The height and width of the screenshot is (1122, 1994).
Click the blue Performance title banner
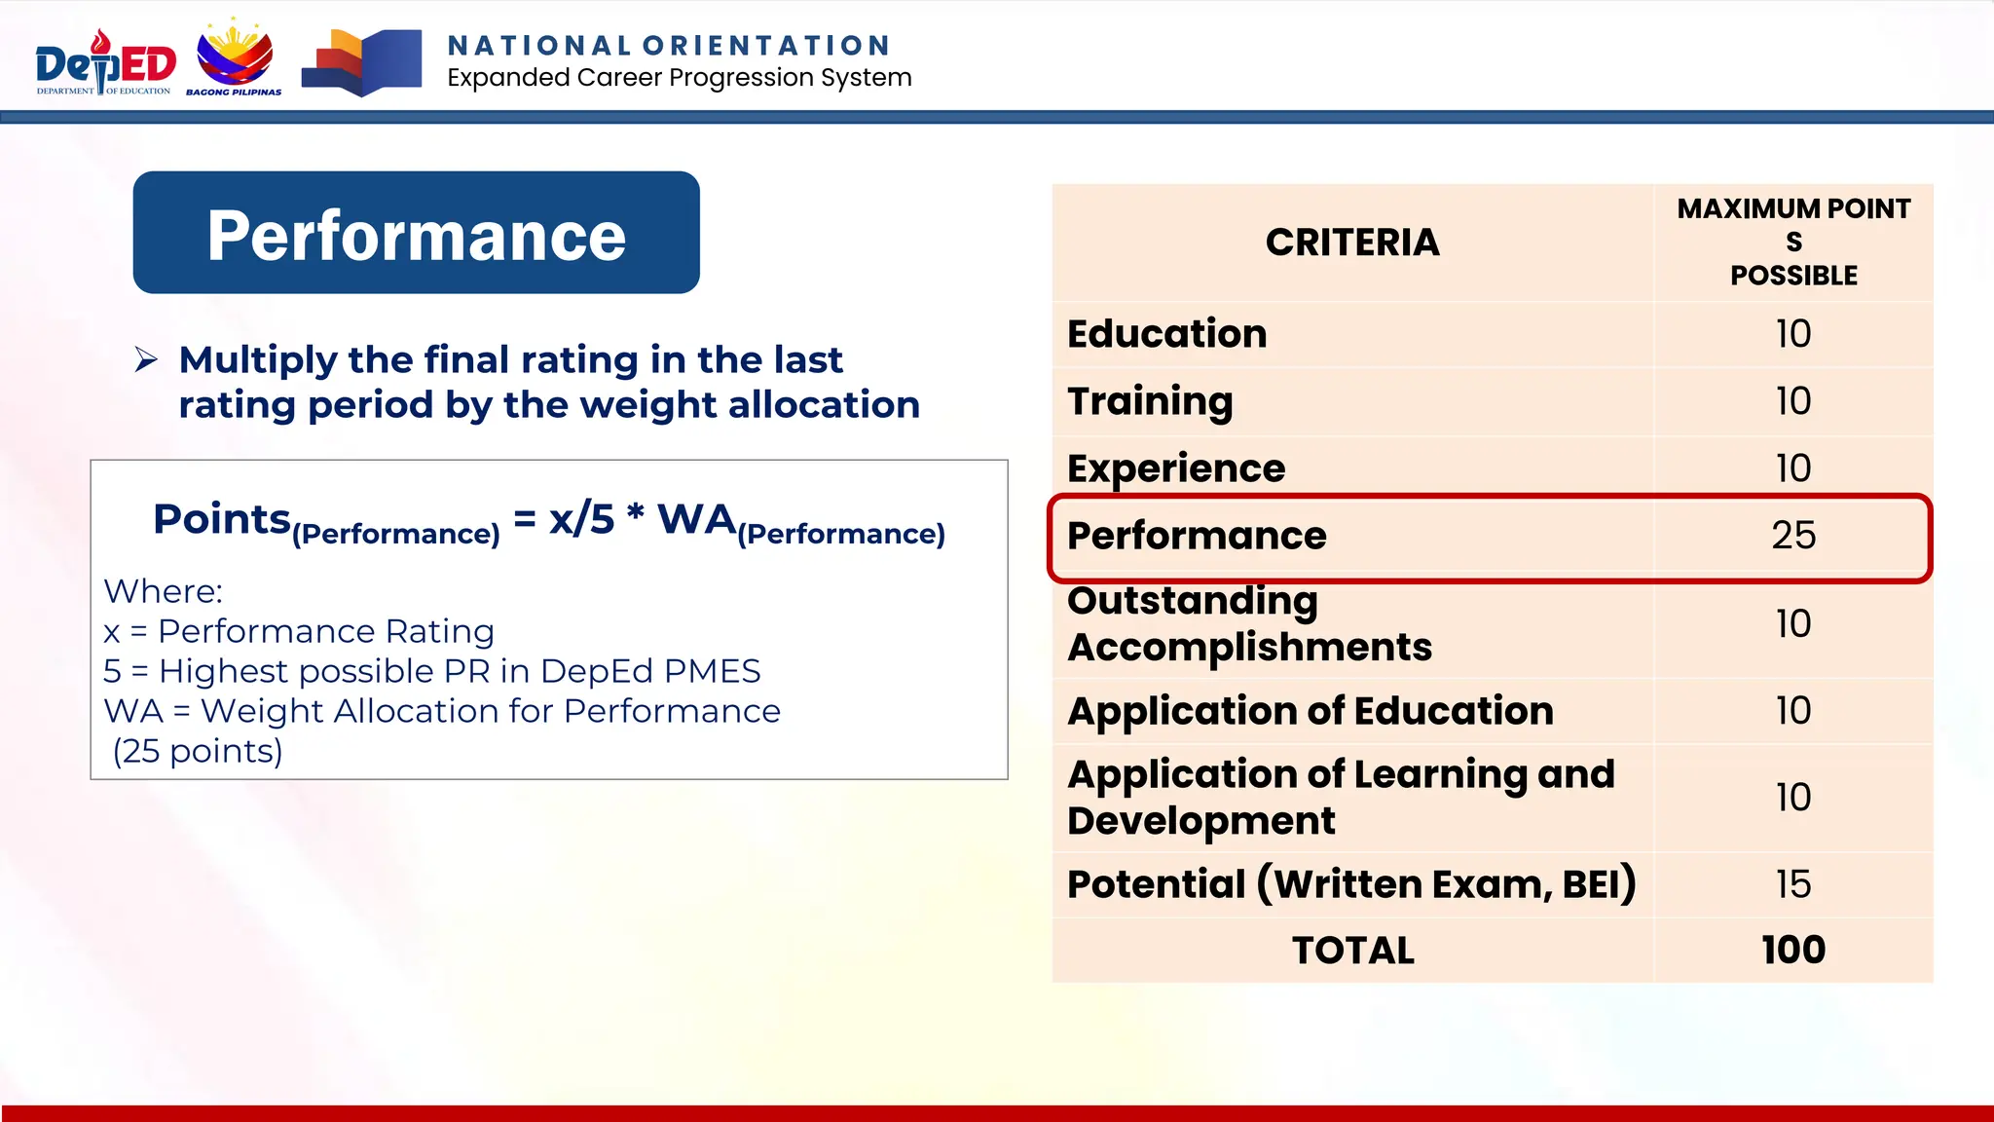(417, 234)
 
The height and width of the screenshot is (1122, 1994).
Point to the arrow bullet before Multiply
(146, 360)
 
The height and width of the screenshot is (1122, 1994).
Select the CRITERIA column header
(1352, 243)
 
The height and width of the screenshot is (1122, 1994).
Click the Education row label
(1166, 334)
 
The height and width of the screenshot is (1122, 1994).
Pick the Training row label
(1150, 401)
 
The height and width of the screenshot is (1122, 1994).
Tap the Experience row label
(1176, 468)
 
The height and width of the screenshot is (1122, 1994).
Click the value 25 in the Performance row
(1792, 535)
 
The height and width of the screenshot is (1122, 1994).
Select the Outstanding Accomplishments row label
(1249, 623)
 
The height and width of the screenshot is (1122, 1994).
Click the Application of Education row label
(1310, 711)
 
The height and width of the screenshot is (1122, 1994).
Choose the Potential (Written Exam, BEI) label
(1350, 884)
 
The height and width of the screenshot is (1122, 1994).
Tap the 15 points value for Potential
(1792, 884)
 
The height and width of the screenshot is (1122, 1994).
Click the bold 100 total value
(1792, 951)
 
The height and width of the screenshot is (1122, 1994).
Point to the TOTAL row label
(1352, 951)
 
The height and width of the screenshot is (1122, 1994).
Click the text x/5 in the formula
(581, 519)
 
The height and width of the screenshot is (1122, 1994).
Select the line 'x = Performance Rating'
(299, 631)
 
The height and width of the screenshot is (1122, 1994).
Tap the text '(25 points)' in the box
(198, 751)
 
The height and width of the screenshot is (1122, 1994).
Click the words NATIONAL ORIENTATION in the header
(669, 46)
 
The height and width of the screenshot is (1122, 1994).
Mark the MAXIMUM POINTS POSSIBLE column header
(1792, 242)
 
